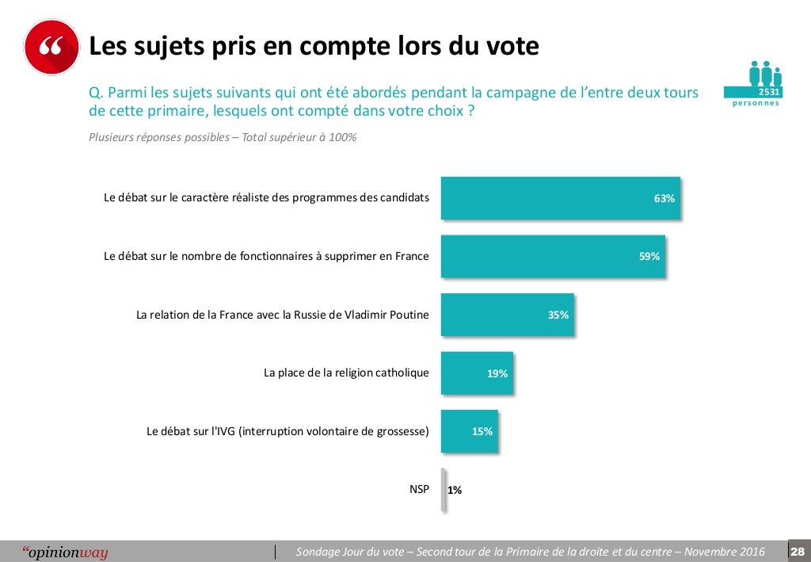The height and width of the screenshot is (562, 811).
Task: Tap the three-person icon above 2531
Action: click(765, 73)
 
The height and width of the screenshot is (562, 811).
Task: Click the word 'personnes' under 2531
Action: click(755, 104)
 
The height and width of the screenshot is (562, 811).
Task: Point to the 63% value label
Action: click(664, 198)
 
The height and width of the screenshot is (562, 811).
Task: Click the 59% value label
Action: click(649, 256)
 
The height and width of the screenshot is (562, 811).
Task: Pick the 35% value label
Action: click(558, 315)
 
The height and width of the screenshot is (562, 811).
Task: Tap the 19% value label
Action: click(497, 373)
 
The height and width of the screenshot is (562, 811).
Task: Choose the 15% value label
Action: click(482, 432)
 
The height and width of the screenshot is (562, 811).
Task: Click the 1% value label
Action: click(455, 490)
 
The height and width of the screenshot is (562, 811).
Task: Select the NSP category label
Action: click(418, 489)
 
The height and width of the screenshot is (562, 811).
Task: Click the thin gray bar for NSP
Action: click(444, 490)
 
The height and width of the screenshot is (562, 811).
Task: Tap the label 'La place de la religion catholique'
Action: click(346, 373)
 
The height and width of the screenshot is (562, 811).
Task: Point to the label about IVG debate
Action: click(287, 431)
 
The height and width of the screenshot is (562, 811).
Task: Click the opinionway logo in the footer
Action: click(65, 552)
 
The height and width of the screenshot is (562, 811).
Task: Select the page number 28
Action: click(798, 552)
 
